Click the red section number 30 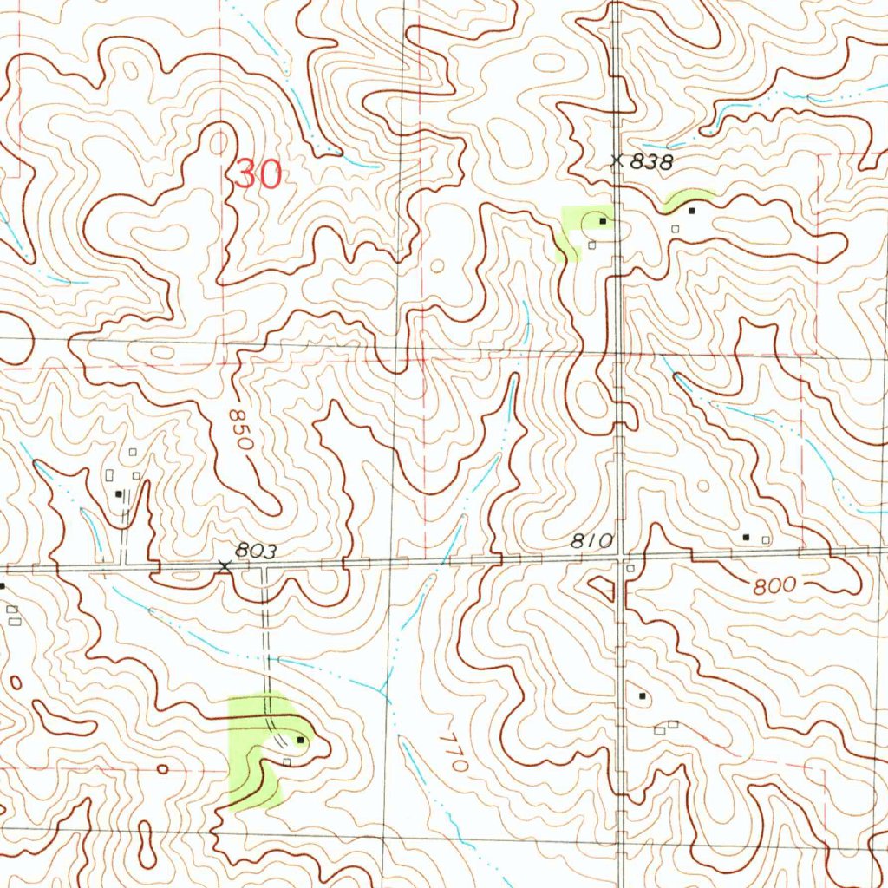pyautogui.click(x=258, y=176)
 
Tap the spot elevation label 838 pyautogui.click(x=652, y=162)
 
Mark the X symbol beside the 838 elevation pyautogui.click(x=617, y=160)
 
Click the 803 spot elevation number pyautogui.click(x=255, y=551)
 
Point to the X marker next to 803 pyautogui.click(x=225, y=565)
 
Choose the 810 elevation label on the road pyautogui.click(x=592, y=542)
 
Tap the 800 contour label pyautogui.click(x=774, y=586)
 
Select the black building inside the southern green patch pyautogui.click(x=300, y=740)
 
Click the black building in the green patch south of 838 pyautogui.click(x=602, y=221)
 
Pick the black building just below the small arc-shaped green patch pyautogui.click(x=692, y=211)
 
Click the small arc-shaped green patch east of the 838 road pyautogui.click(x=688, y=198)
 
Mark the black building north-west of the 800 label pyautogui.click(x=746, y=538)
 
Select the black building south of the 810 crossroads pyautogui.click(x=643, y=695)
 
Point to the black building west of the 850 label pyautogui.click(x=119, y=493)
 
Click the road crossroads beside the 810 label pyautogui.click(x=618, y=560)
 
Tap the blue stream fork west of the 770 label pyautogui.click(x=383, y=689)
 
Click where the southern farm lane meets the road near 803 pyautogui.click(x=264, y=566)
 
